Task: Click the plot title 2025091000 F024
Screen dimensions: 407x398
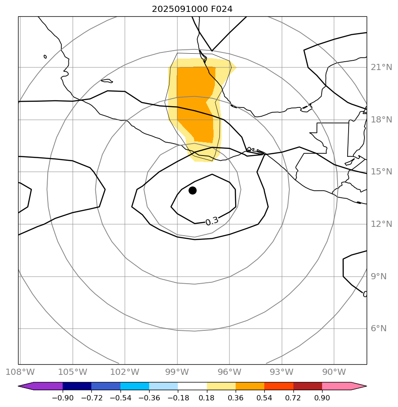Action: point(192,9)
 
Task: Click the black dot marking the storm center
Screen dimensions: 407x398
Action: point(192,190)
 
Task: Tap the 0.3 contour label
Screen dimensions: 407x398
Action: point(212,221)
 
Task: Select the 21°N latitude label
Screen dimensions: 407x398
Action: point(381,67)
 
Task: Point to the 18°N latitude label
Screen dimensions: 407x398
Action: point(381,120)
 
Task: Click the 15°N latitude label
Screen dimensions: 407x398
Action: point(381,172)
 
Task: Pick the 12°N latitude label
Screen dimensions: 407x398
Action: point(381,224)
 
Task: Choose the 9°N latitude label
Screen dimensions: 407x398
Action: point(378,277)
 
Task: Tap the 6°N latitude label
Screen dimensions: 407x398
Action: point(378,329)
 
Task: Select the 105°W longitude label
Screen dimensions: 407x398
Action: point(72,372)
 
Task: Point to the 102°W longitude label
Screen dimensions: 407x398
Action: point(125,372)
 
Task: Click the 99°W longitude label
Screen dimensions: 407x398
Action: point(177,372)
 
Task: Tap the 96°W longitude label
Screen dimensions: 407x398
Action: point(229,372)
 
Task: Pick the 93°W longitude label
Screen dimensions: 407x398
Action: point(282,372)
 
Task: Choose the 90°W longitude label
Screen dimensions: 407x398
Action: point(334,372)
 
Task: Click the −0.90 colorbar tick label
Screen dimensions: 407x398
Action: point(62,398)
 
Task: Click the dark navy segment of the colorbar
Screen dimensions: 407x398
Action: point(77,386)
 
